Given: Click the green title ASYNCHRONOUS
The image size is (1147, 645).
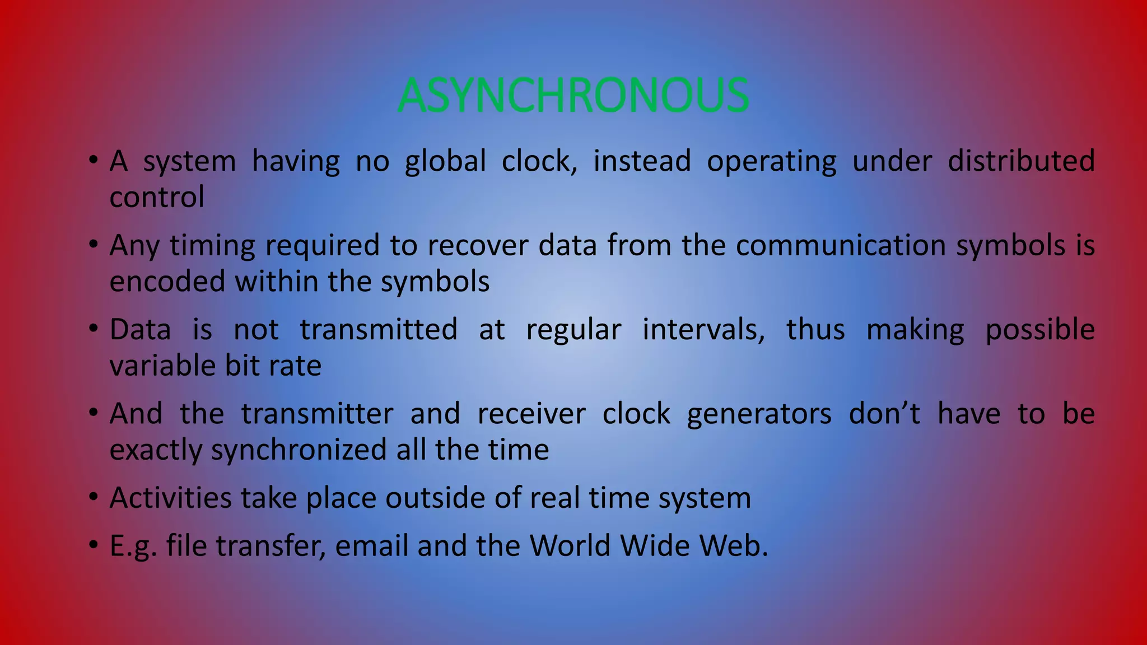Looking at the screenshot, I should coord(573,95).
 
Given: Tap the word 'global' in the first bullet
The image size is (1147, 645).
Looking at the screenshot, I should coord(445,161).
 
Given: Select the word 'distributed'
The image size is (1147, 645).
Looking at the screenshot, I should coord(1021,161).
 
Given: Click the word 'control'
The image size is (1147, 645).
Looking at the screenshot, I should coord(157,197).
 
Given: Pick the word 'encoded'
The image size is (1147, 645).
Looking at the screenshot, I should coord(167,281).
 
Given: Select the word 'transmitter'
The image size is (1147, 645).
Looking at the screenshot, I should coord(318,414).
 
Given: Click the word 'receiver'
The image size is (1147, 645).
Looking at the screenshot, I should coord(531,414).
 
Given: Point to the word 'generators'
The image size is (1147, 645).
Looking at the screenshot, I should coord(759,415).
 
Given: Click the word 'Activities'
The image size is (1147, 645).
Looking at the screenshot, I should coord(170,498).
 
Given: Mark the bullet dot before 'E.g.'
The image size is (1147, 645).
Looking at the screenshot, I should coord(94,545).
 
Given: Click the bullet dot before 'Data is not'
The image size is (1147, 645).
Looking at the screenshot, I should coord(94,328).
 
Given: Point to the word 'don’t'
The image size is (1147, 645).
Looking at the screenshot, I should coord(884,414).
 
